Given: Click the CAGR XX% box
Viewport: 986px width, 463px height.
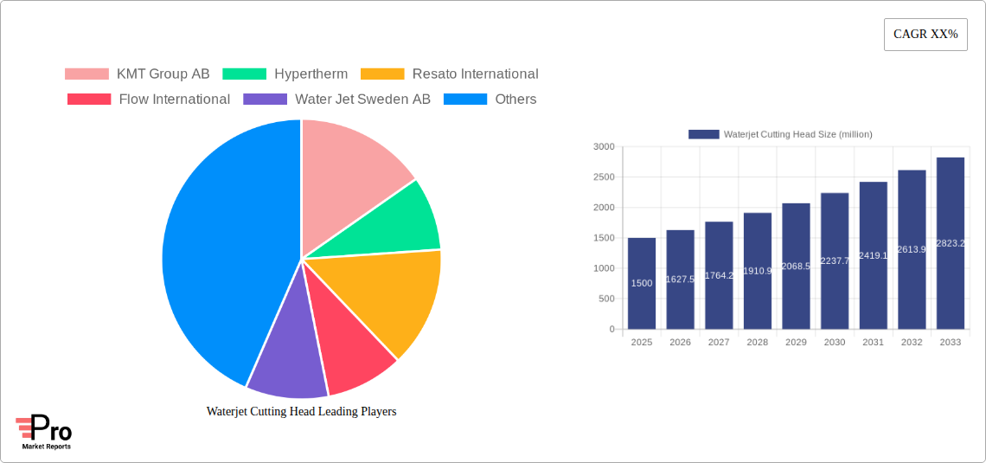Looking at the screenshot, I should coord(925,35).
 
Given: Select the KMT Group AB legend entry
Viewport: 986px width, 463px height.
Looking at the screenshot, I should coord(138,74).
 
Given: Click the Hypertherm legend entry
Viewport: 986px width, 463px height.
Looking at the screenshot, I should coord(285,74).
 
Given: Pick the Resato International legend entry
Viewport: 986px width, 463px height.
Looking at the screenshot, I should coord(450,74).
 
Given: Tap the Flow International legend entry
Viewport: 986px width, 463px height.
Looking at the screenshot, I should coord(149,100).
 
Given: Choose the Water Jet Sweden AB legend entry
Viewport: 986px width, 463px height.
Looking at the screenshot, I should coord(337,100).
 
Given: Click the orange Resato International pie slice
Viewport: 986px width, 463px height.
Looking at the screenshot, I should coord(389,299).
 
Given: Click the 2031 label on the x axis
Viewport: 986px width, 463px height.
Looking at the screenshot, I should coord(873,343).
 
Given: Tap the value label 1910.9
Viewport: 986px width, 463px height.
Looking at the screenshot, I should coord(758,271).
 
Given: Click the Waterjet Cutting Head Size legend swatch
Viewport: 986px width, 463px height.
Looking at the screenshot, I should coord(704,134).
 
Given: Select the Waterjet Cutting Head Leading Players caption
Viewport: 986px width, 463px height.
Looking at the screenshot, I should coord(301,412).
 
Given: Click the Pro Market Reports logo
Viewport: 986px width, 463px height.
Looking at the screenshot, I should coord(44,432).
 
